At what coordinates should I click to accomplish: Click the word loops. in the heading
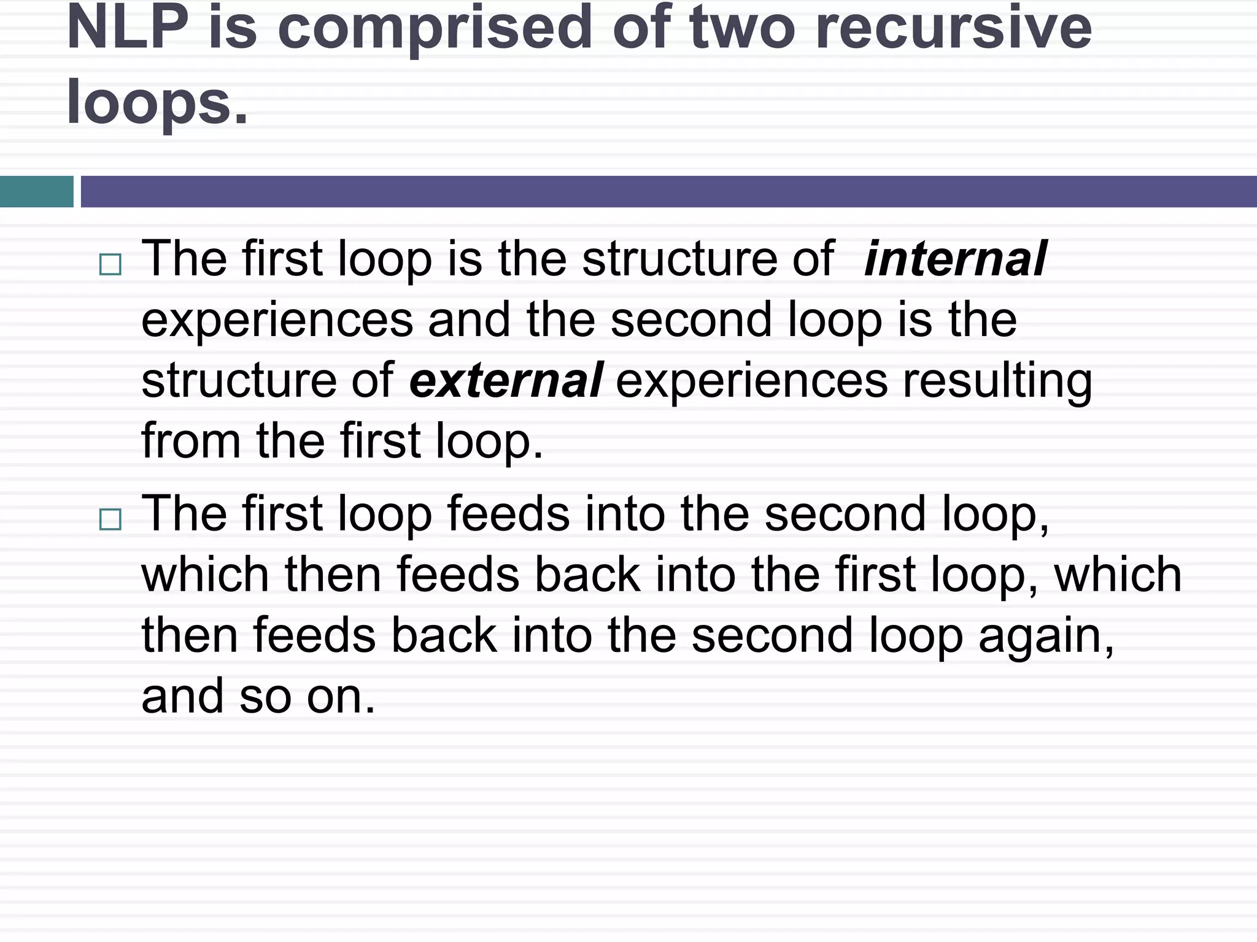(x=157, y=103)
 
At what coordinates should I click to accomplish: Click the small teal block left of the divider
(x=36, y=191)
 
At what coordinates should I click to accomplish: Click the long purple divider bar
(x=668, y=191)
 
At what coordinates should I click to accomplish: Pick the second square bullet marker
(x=110, y=519)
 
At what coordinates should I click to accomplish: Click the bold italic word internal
(x=955, y=259)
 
